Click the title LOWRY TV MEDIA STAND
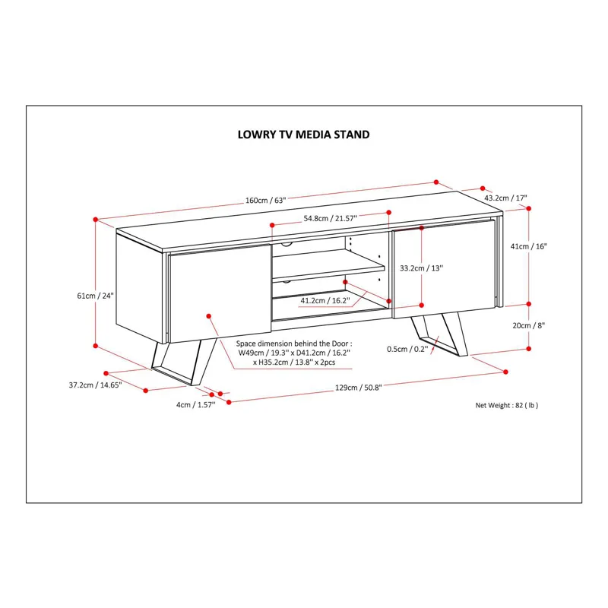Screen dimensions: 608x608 tap(303, 135)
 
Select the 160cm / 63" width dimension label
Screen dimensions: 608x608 tap(264, 201)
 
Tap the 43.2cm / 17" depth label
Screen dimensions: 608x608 tap(505, 198)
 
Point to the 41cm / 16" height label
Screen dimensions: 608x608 tap(530, 246)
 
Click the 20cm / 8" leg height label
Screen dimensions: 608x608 tap(530, 325)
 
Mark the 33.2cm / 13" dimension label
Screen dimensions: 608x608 tap(421, 268)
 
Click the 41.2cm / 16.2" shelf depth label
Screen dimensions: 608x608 tap(325, 300)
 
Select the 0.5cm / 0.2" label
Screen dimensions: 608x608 tap(407, 349)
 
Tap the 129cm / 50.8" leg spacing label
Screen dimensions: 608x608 tap(357, 387)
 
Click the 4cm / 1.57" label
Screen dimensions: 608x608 tap(195, 404)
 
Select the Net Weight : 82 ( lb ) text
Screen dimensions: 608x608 tap(506, 405)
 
